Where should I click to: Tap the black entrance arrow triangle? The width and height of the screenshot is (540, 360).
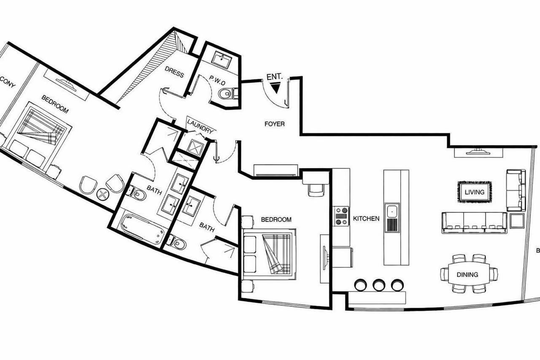[x=275, y=87]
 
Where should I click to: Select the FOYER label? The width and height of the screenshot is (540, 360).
[x=274, y=124]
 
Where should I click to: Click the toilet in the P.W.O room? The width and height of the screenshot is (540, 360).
[x=227, y=93]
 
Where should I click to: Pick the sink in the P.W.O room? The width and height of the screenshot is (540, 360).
[x=221, y=60]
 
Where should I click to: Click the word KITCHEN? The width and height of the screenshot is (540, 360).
[x=366, y=219]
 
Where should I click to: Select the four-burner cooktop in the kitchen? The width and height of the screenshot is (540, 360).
[x=341, y=216]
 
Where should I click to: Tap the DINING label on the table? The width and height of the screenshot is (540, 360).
[x=467, y=275]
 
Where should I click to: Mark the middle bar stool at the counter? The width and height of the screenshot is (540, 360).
[x=379, y=285]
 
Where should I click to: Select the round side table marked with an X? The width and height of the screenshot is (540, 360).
[x=103, y=194]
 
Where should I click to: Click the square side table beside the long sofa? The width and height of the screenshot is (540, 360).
[x=516, y=220]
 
